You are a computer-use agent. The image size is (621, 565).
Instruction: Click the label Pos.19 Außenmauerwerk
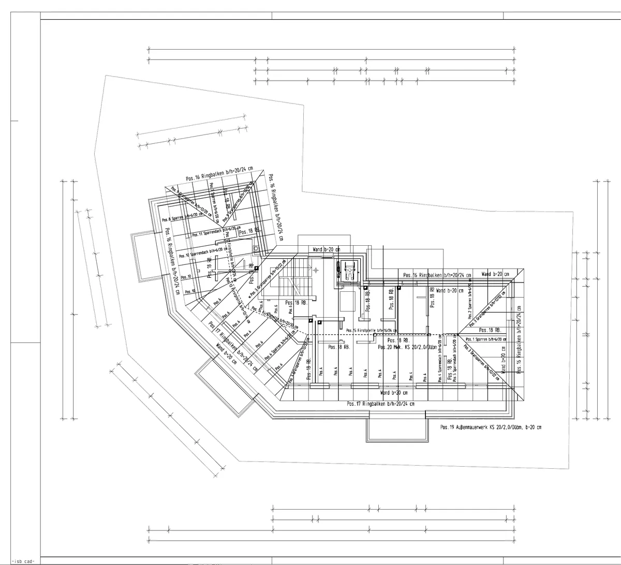pyautogui.click(x=491, y=427)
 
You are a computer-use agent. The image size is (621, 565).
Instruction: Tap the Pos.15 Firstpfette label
pyautogui.click(x=372, y=330)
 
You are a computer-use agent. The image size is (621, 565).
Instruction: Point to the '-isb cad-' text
pyautogui.click(x=23, y=561)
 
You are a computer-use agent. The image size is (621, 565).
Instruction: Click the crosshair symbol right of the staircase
pyautogui.click(x=316, y=270)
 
